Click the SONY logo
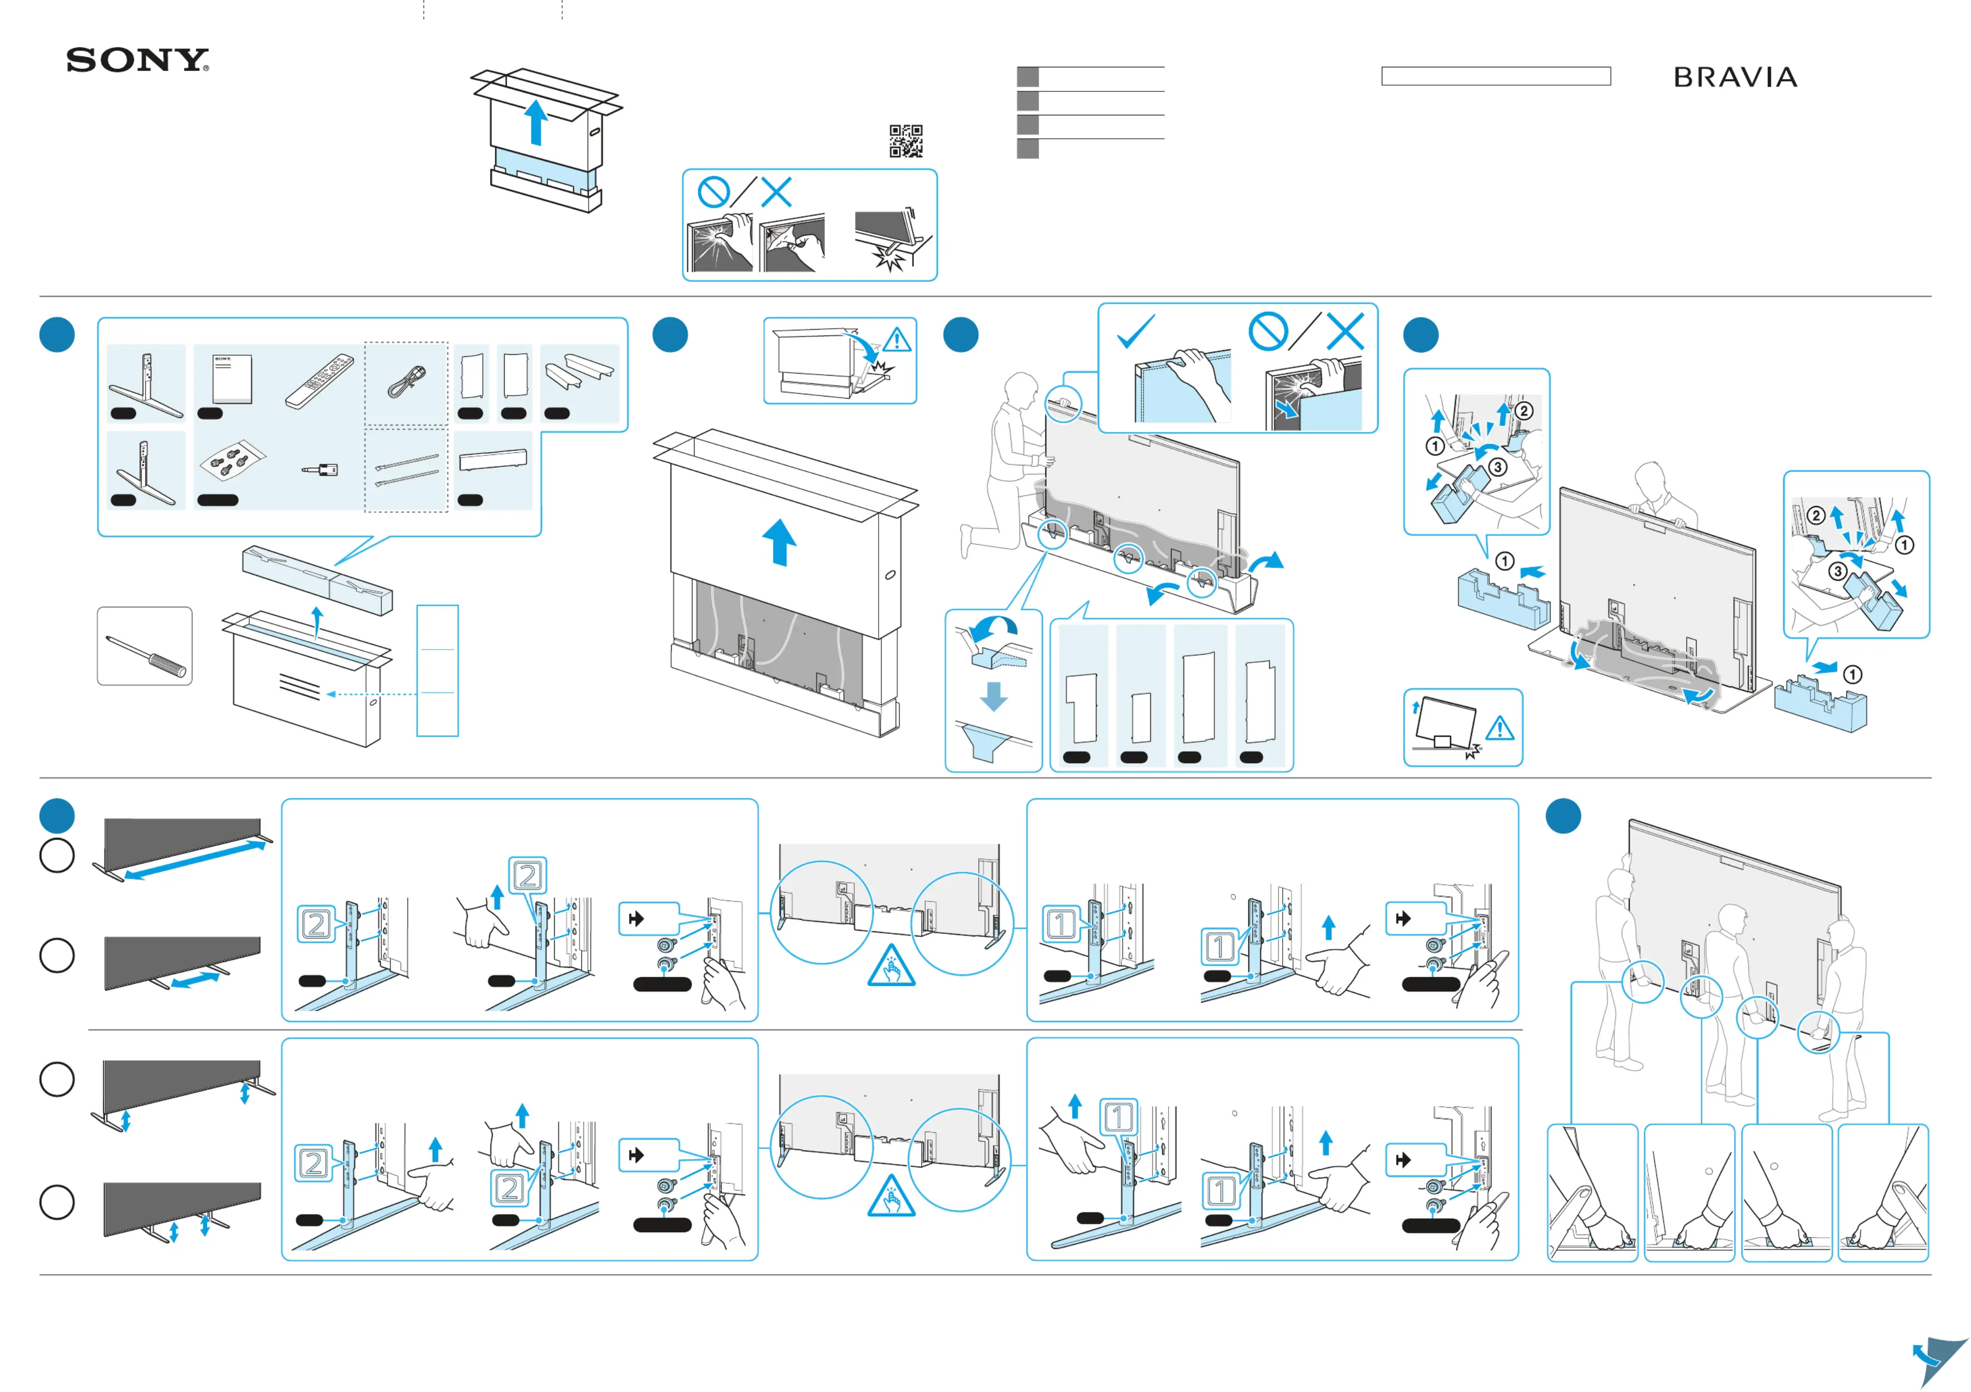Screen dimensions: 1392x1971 pos(137,60)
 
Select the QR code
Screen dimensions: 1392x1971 pos(906,141)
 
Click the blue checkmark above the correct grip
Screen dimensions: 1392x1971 pos(1136,331)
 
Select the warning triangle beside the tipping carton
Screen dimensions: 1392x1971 pos(897,340)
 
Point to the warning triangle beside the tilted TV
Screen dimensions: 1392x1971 pos(1500,729)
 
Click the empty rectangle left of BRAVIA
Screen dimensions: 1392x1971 pos(1495,76)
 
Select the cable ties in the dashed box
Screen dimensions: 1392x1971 pos(406,470)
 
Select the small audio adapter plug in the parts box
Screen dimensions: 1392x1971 pos(321,470)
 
